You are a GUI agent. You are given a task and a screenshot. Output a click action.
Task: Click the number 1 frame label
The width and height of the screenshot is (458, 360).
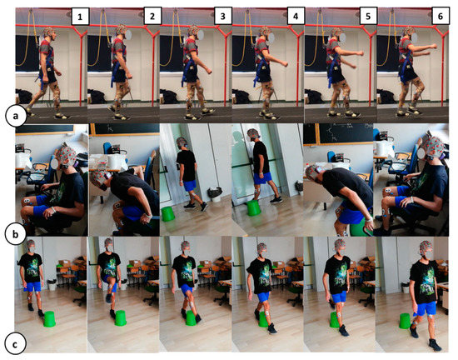point(80,17)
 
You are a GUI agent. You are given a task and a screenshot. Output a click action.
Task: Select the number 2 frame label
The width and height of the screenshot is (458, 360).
point(152,16)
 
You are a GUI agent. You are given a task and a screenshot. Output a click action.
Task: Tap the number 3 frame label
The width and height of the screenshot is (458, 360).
point(222,16)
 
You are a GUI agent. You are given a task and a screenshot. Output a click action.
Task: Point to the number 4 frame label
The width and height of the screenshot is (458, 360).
point(296,16)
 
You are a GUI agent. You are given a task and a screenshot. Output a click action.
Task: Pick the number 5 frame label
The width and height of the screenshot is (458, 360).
point(368,16)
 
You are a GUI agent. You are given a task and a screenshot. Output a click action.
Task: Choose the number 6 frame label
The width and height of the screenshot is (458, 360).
point(441,16)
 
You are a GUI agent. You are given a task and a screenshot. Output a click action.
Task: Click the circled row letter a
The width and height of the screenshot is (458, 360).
point(16,116)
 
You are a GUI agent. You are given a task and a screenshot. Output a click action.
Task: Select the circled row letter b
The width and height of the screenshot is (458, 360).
point(15,235)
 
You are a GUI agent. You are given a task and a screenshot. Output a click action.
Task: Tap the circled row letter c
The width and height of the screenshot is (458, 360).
point(15,344)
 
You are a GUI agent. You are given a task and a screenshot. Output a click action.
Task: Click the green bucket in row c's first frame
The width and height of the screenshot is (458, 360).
point(49,319)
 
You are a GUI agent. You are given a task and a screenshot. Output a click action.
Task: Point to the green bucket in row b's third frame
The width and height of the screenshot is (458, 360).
point(167,213)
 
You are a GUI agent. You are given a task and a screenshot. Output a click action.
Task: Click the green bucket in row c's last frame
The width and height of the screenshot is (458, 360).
point(405,321)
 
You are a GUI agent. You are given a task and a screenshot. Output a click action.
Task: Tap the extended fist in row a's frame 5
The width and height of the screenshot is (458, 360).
point(361,53)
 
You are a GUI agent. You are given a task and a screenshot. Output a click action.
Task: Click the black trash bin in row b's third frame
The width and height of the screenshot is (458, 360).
point(215,194)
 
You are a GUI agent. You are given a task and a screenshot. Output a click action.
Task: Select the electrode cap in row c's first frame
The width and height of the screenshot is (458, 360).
point(31,243)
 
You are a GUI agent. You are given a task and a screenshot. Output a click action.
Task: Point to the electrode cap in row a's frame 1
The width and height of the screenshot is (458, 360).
point(49,31)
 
